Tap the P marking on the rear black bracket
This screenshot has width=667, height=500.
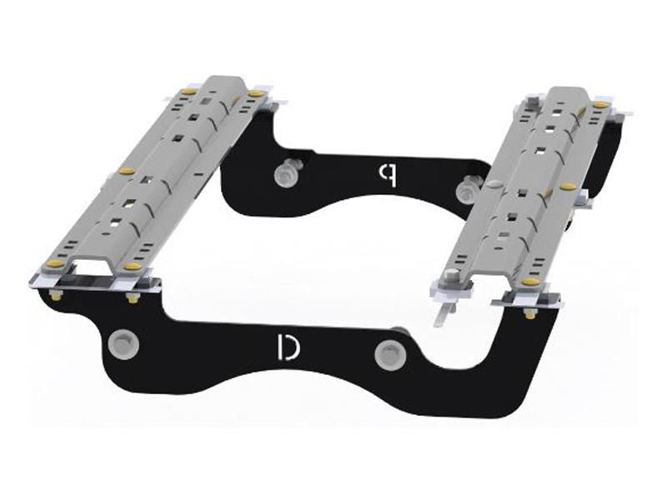coord(386,172)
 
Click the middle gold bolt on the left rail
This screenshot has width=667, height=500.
coord(128,172)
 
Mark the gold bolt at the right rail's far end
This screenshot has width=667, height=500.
coord(599,104)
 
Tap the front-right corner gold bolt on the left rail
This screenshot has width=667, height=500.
coord(133,267)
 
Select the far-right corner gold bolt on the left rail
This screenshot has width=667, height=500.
coord(252,94)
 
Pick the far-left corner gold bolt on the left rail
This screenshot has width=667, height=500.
coord(188,91)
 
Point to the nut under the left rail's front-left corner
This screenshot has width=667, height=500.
coord(55,295)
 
